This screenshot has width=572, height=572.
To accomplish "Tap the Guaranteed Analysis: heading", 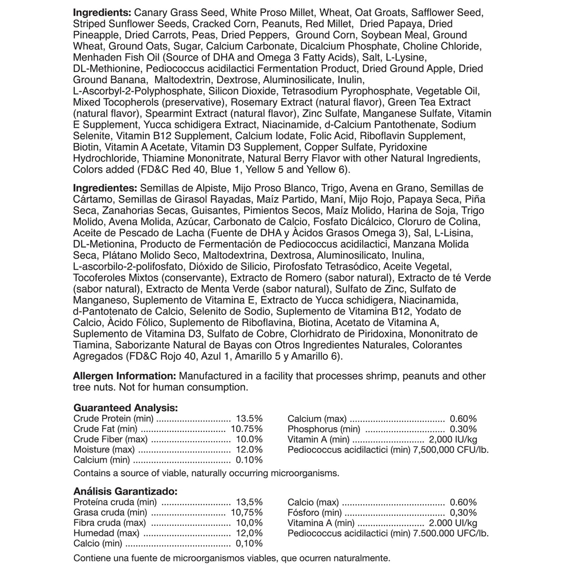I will [x=125, y=408].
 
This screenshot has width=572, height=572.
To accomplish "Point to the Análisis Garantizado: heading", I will [x=125, y=491].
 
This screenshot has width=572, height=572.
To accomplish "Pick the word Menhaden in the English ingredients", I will [x=93, y=57].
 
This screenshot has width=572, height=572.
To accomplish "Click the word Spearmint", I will [x=168, y=113].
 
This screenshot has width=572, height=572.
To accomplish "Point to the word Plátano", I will [x=119, y=255].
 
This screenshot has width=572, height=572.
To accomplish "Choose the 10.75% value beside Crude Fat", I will [x=246, y=429].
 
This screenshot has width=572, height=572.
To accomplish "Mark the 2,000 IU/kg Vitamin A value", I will [x=453, y=439].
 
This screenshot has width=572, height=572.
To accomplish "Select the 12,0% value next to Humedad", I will [x=249, y=533].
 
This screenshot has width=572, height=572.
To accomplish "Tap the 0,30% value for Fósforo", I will [x=463, y=512].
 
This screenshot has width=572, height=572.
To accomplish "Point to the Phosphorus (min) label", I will [x=324, y=429].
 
